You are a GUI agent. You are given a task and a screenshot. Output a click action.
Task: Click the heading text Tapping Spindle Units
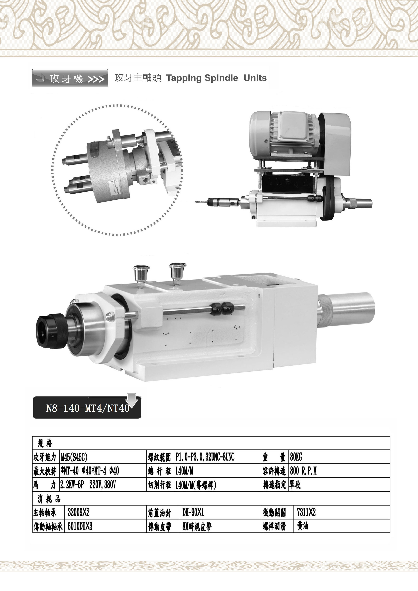216,78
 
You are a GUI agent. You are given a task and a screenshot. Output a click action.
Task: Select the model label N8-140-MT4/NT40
88,409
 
